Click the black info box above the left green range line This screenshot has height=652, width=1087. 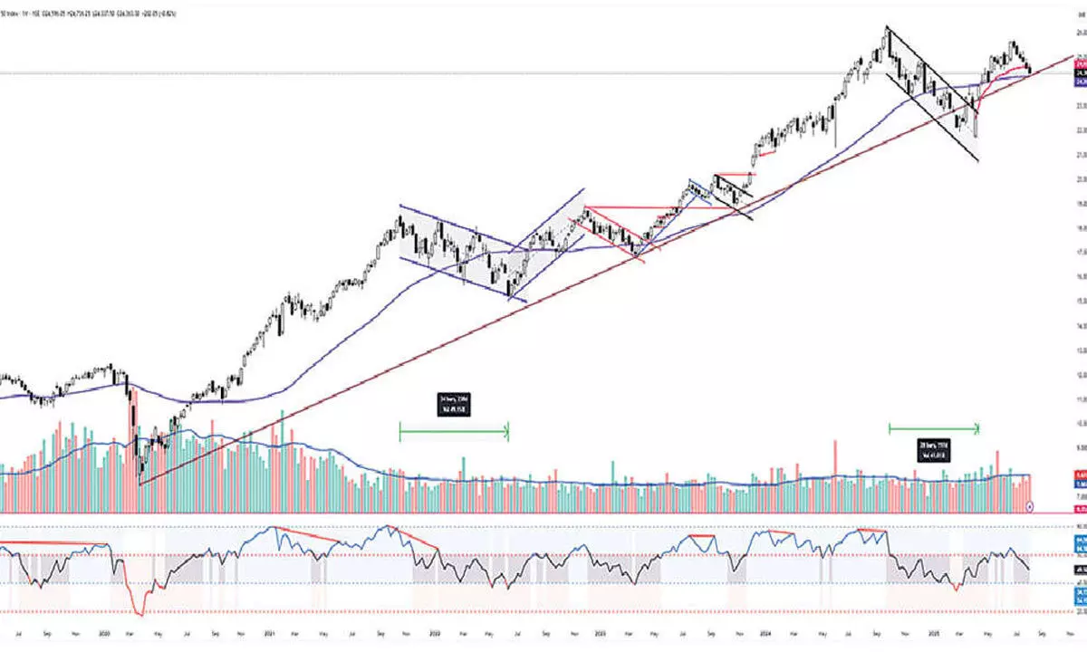click(454, 404)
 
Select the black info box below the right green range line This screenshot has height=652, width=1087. click(934, 450)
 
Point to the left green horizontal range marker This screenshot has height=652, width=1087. click(454, 432)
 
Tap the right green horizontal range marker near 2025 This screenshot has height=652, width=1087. click(934, 427)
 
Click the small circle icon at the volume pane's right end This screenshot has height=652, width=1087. click(1031, 509)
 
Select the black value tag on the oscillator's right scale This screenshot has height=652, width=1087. click(1081, 569)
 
